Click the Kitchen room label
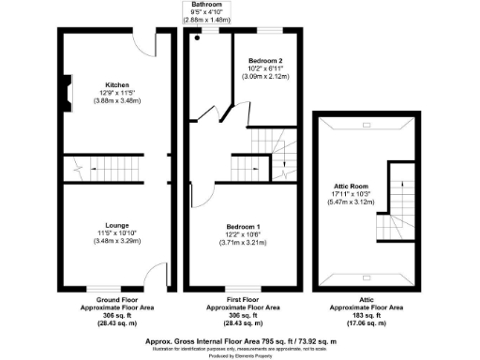(x=117, y=83)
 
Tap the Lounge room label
(x=117, y=225)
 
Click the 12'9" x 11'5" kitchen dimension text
(x=117, y=92)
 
